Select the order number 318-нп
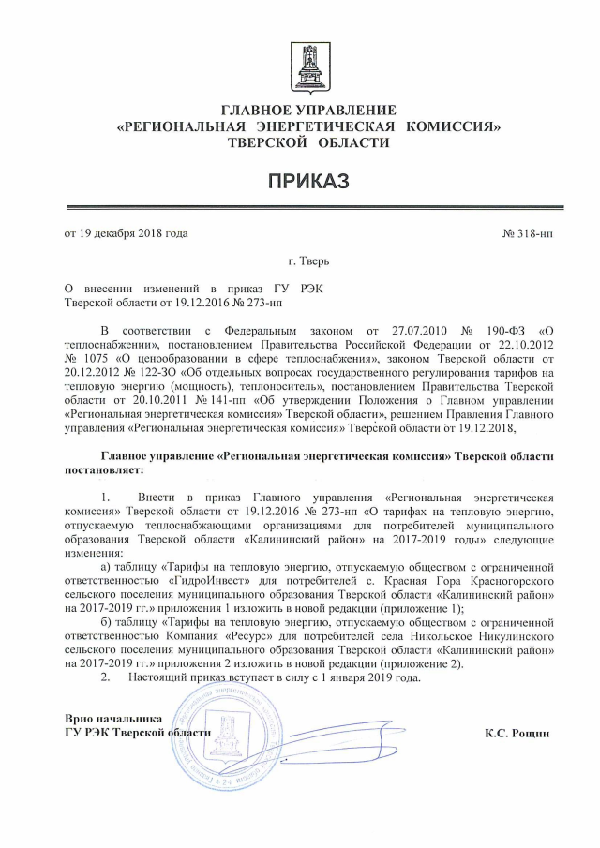pos(529,232)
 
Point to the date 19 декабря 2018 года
pos(126,232)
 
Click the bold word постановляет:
pos(104,469)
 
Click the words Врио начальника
pos(108,718)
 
